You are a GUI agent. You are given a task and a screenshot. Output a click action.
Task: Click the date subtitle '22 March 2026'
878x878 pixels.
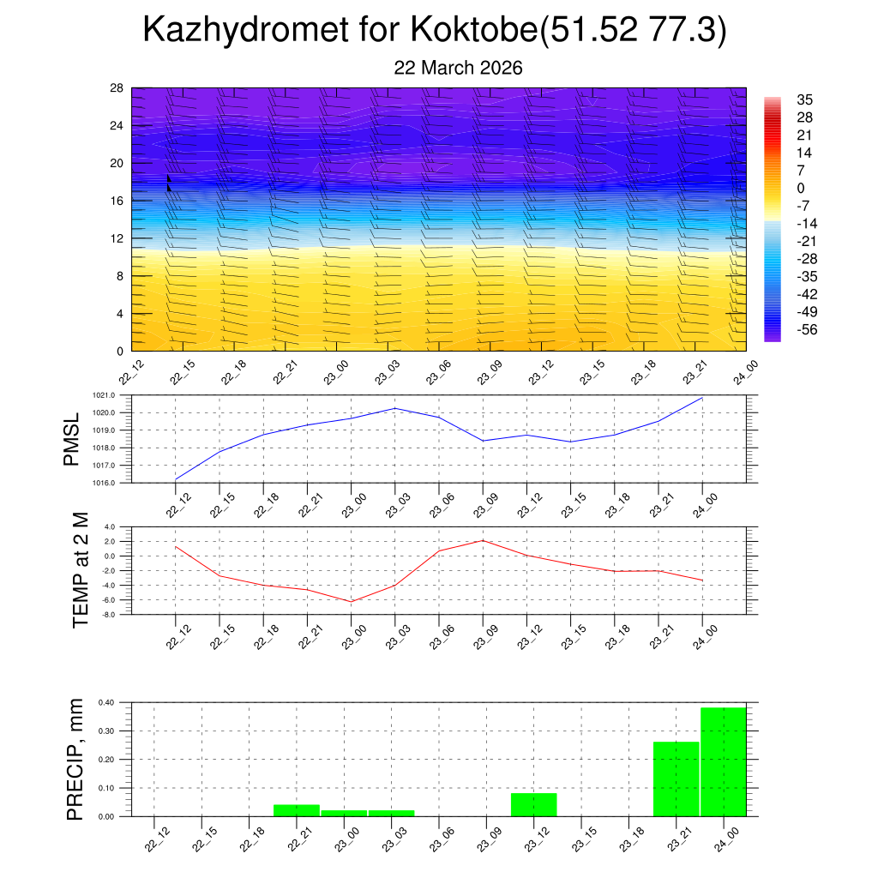pos(458,68)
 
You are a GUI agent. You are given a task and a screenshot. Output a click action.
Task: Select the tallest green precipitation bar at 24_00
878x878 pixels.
pos(723,761)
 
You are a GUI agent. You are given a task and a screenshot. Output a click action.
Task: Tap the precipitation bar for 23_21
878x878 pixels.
pos(676,779)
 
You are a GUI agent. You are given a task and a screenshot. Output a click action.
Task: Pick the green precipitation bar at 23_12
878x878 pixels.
pos(533,804)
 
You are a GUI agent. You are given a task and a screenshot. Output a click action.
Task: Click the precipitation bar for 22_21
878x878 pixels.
pos(296,810)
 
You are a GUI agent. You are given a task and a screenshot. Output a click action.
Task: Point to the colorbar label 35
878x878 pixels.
pos(804,99)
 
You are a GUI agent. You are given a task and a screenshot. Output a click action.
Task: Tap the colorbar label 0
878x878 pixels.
pos(801,188)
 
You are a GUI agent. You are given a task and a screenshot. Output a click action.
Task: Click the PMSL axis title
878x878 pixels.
pos(72,439)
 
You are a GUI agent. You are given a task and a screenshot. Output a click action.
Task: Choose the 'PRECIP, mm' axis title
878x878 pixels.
pos(75,760)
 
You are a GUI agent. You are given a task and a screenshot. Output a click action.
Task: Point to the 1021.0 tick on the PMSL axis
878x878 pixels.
pos(114,395)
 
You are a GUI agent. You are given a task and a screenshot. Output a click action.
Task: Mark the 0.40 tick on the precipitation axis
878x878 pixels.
pos(105,702)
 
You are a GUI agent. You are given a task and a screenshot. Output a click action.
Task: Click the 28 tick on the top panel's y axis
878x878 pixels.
pos(117,88)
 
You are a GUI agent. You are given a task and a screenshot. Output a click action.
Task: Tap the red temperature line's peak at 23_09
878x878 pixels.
pos(483,540)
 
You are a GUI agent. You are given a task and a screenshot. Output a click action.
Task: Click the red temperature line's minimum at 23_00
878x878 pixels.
pos(351,602)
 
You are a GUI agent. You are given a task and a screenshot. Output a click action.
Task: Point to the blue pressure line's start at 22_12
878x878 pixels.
pos(176,479)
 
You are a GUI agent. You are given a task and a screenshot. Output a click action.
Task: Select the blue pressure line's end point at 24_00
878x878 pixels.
pos(703,398)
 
